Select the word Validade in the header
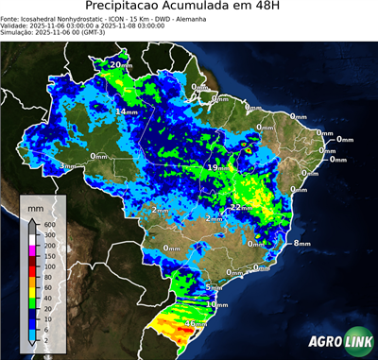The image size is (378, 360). (x=16, y=26)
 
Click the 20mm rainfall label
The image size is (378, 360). (x=120, y=64)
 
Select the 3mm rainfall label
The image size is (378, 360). (x=67, y=165)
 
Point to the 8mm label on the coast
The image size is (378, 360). (x=301, y=243)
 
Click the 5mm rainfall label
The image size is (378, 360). (x=213, y=286)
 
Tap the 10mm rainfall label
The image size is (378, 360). (x=218, y=305)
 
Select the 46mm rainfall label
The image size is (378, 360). (x=195, y=323)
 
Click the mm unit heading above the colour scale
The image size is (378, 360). (x=35, y=206)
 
